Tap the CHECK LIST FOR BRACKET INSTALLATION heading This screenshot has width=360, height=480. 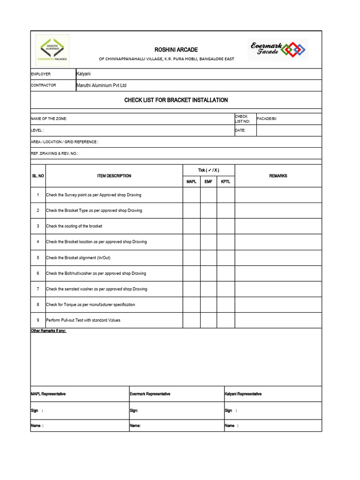coord(176,100)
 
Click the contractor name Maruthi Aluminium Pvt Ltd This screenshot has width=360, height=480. coord(101,85)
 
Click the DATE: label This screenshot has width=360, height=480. coord(240,130)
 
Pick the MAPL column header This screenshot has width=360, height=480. coord(191,181)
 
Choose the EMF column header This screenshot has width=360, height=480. coord(209,181)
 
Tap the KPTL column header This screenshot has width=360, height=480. coord(225,181)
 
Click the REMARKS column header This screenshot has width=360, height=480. coord(278,176)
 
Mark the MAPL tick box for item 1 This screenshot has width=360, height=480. coord(191,195)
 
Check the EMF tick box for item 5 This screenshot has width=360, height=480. coord(209,257)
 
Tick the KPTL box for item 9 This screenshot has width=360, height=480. coord(225,320)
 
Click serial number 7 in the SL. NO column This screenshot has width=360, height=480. coord(38,289)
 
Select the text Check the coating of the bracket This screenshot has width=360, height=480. coord(74,226)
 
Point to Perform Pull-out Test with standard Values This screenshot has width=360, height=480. coord(83,320)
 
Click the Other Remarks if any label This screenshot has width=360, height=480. coord(49,330)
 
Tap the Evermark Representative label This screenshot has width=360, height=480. coord(150,394)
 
